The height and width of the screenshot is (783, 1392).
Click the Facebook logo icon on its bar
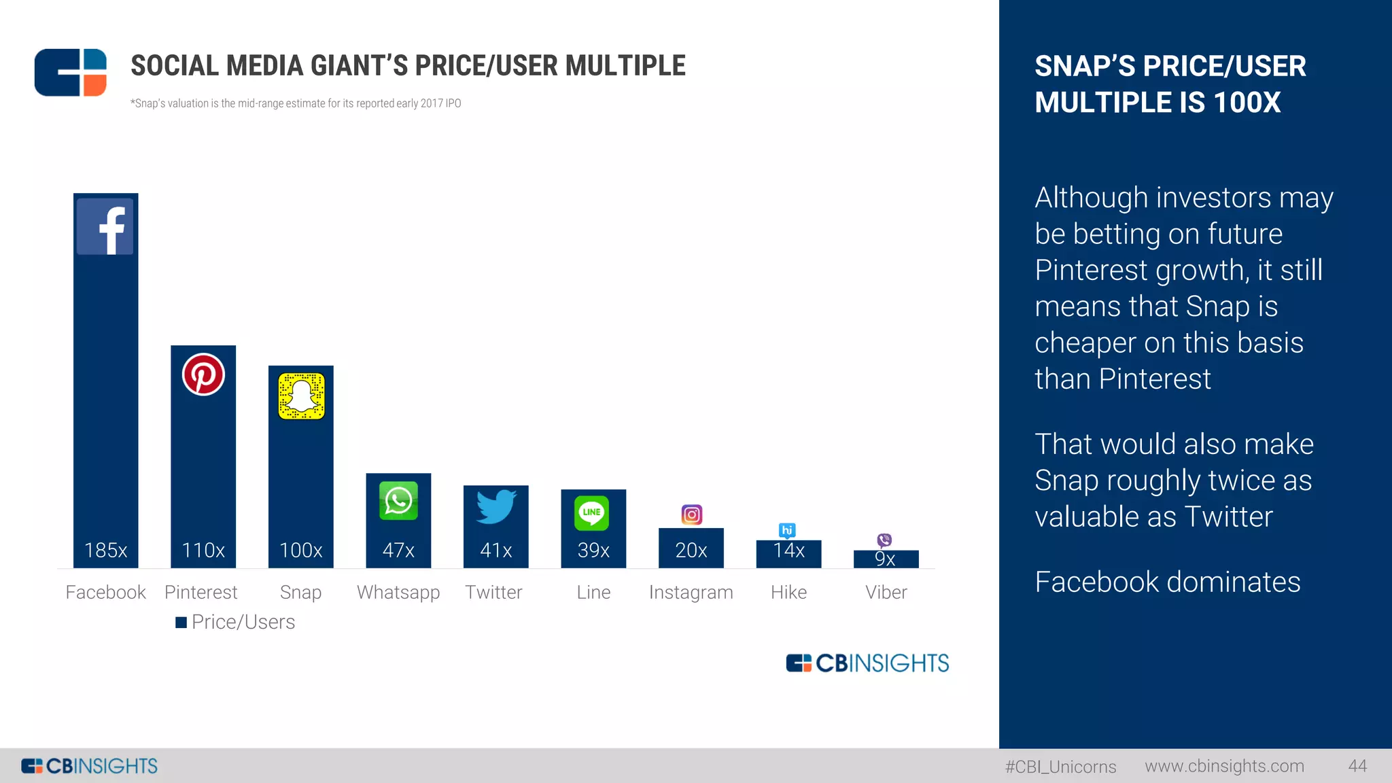[105, 227]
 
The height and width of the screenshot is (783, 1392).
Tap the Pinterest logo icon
[203, 375]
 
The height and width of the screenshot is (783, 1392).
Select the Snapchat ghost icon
[301, 396]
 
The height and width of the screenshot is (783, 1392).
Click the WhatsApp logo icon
[398, 501]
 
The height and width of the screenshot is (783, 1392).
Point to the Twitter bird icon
[495, 506]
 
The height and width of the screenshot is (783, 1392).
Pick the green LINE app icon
[591, 512]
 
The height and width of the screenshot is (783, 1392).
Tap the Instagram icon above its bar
[691, 515]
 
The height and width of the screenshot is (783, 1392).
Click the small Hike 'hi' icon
[787, 530]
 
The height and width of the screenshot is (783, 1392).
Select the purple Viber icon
[884, 540]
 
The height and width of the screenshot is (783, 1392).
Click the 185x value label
[105, 550]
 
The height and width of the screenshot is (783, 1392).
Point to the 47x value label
[398, 550]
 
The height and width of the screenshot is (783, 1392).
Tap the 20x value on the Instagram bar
[691, 550]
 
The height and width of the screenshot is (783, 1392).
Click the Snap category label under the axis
[300, 592]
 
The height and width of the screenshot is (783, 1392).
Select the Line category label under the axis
[593, 592]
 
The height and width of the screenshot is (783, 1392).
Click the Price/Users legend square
[181, 623]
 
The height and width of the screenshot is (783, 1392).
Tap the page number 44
[1357, 766]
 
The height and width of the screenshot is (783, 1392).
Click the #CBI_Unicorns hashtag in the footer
[1060, 767]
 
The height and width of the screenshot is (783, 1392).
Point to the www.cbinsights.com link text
[1224, 766]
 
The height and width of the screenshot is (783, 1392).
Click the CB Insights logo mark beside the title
[71, 73]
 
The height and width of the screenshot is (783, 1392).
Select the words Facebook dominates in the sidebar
[1167, 582]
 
